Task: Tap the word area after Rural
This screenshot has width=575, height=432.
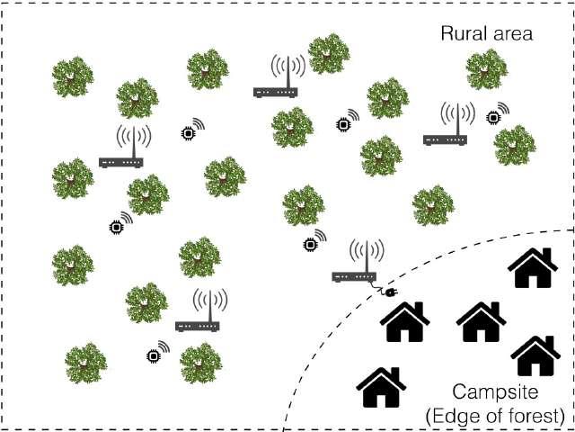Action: click(511, 34)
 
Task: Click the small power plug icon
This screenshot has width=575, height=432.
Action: click(388, 292)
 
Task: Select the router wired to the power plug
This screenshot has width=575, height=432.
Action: click(355, 276)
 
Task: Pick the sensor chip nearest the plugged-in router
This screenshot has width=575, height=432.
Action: click(311, 243)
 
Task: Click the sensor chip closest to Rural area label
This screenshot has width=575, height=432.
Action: click(493, 117)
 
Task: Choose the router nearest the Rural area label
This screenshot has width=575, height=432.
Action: click(446, 139)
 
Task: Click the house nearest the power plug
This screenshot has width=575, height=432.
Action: click(403, 321)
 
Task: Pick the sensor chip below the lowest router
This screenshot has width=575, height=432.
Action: click(154, 355)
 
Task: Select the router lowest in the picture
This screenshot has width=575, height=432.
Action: click(198, 325)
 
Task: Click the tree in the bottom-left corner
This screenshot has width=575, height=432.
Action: click(85, 362)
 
